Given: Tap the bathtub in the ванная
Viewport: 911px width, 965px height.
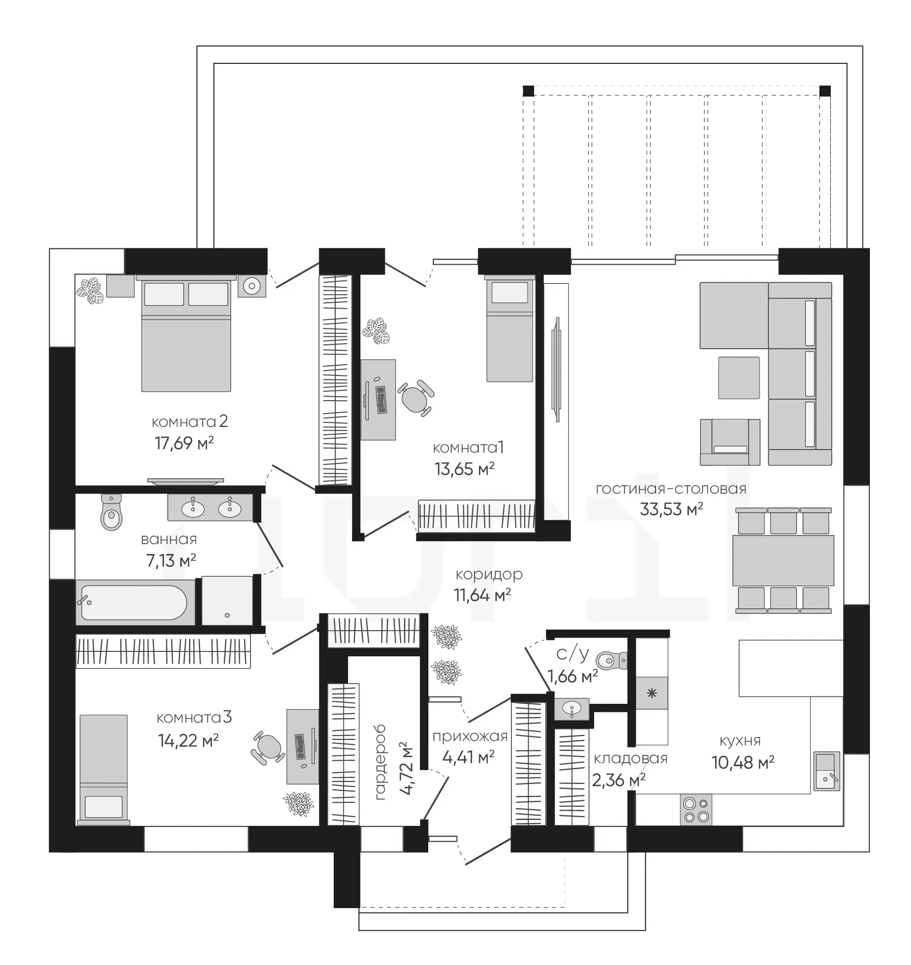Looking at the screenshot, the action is tap(135, 602).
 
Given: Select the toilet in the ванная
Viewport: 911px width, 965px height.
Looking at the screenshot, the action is tap(111, 512).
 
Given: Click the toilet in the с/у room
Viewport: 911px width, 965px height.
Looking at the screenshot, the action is tap(612, 660).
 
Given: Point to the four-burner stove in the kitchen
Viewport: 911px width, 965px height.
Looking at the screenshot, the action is tap(696, 809).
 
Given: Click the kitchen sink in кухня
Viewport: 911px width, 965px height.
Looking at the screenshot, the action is tap(827, 771).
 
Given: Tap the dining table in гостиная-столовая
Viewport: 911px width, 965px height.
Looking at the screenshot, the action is tap(783, 560).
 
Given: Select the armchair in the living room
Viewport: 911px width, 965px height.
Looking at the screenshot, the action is tap(730, 442).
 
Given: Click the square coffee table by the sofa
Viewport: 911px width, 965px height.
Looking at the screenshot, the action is tap(739, 378).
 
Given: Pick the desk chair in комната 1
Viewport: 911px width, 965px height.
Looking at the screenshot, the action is tap(415, 397).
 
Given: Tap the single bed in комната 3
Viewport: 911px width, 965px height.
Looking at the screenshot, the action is tap(103, 770).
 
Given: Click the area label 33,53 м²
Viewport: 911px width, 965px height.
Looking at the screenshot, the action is tap(671, 509).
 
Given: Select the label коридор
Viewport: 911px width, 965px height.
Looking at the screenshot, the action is tap(489, 575).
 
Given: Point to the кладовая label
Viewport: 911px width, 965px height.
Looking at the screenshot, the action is tap(630, 758).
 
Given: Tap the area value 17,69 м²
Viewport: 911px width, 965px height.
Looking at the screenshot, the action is tap(184, 443).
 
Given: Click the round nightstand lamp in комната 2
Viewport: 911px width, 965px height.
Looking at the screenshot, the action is tap(252, 285).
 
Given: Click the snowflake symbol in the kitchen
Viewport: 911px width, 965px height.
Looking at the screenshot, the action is tap(652, 693).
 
